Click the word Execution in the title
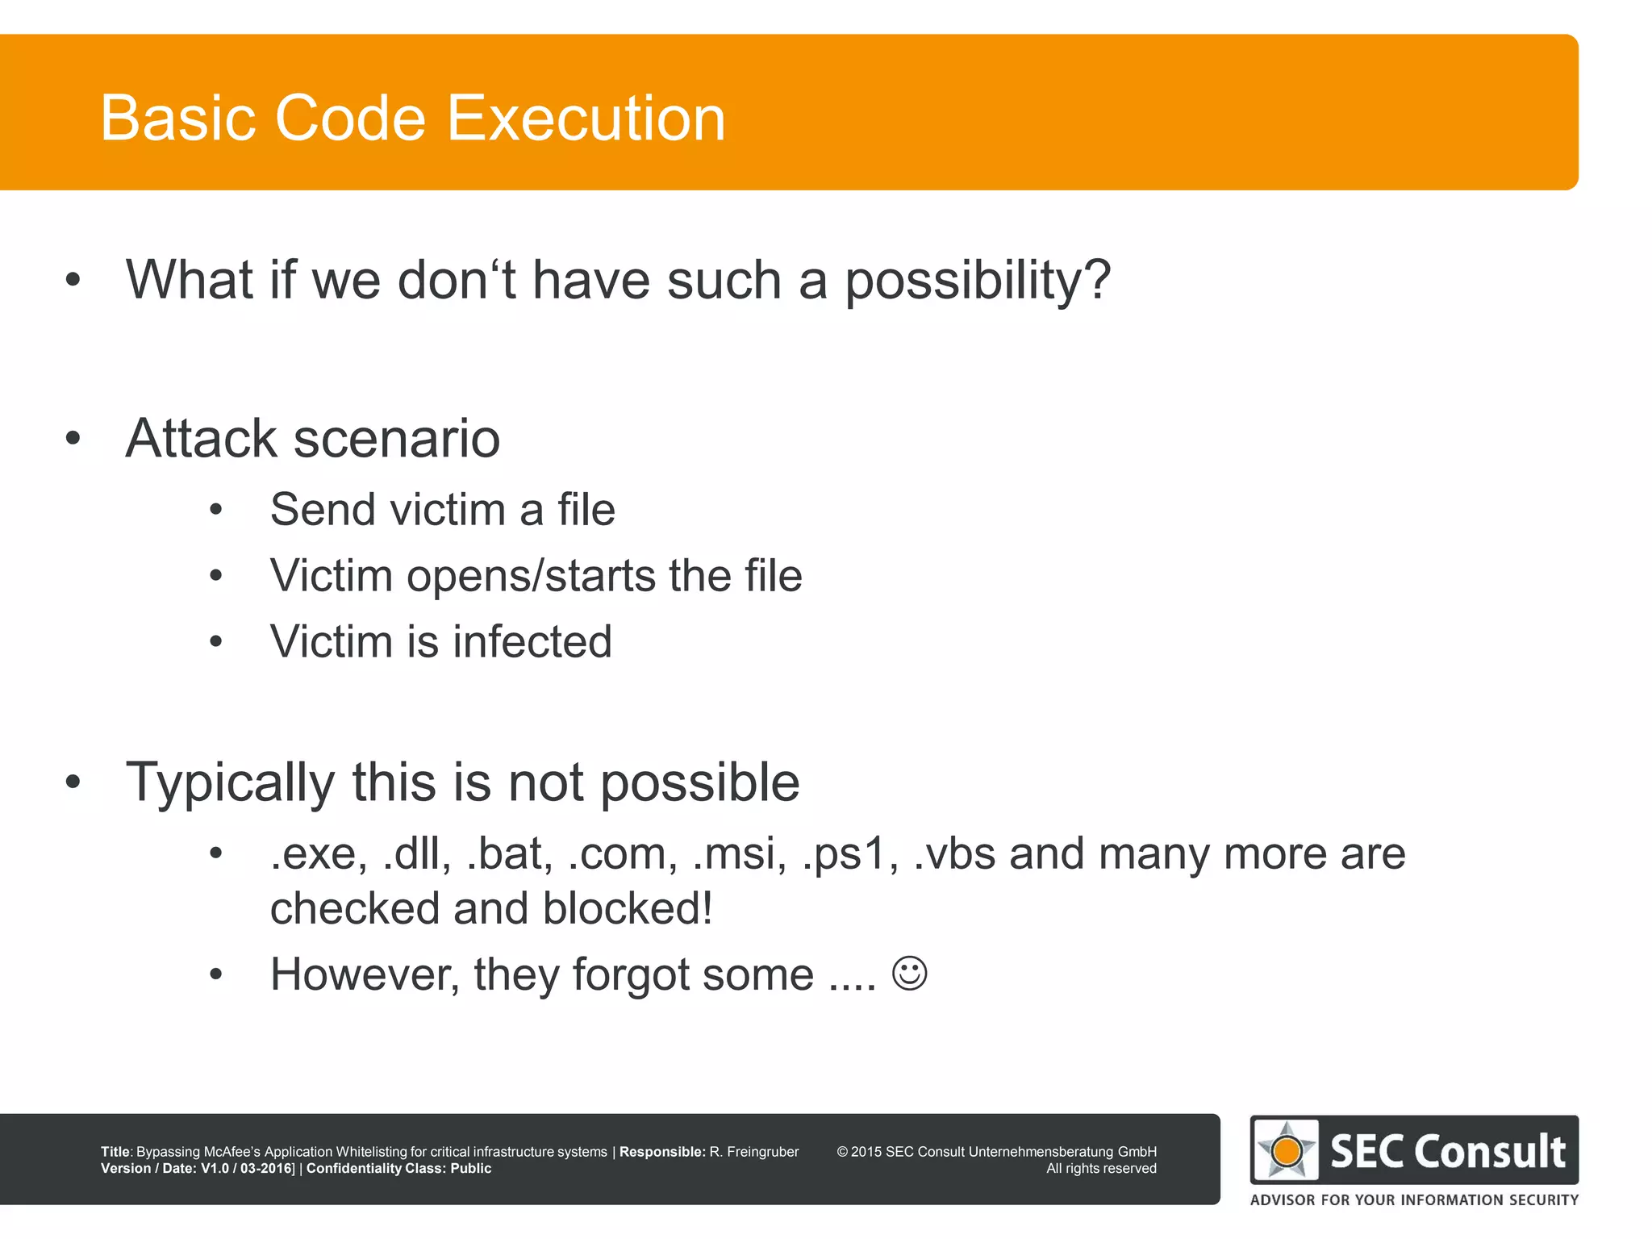point(586,119)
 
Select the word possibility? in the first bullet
point(978,281)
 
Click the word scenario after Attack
point(396,439)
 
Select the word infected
point(532,642)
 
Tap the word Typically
point(230,782)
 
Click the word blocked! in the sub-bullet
point(628,909)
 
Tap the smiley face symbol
point(909,974)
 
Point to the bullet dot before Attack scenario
point(73,438)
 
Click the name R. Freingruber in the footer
point(753,1152)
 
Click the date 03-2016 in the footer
point(266,1169)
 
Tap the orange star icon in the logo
point(1287,1152)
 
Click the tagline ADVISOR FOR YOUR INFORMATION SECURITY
point(1413,1200)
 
